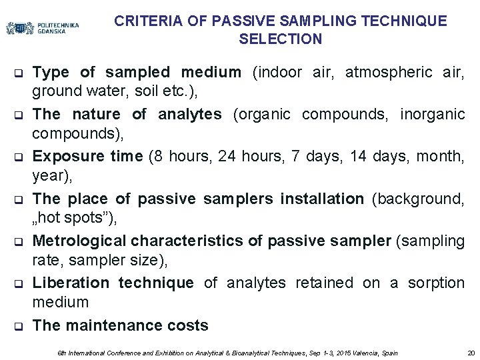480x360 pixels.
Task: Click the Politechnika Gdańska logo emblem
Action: (20, 28)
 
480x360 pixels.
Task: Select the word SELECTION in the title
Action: (280, 39)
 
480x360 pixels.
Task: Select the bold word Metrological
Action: (79, 241)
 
